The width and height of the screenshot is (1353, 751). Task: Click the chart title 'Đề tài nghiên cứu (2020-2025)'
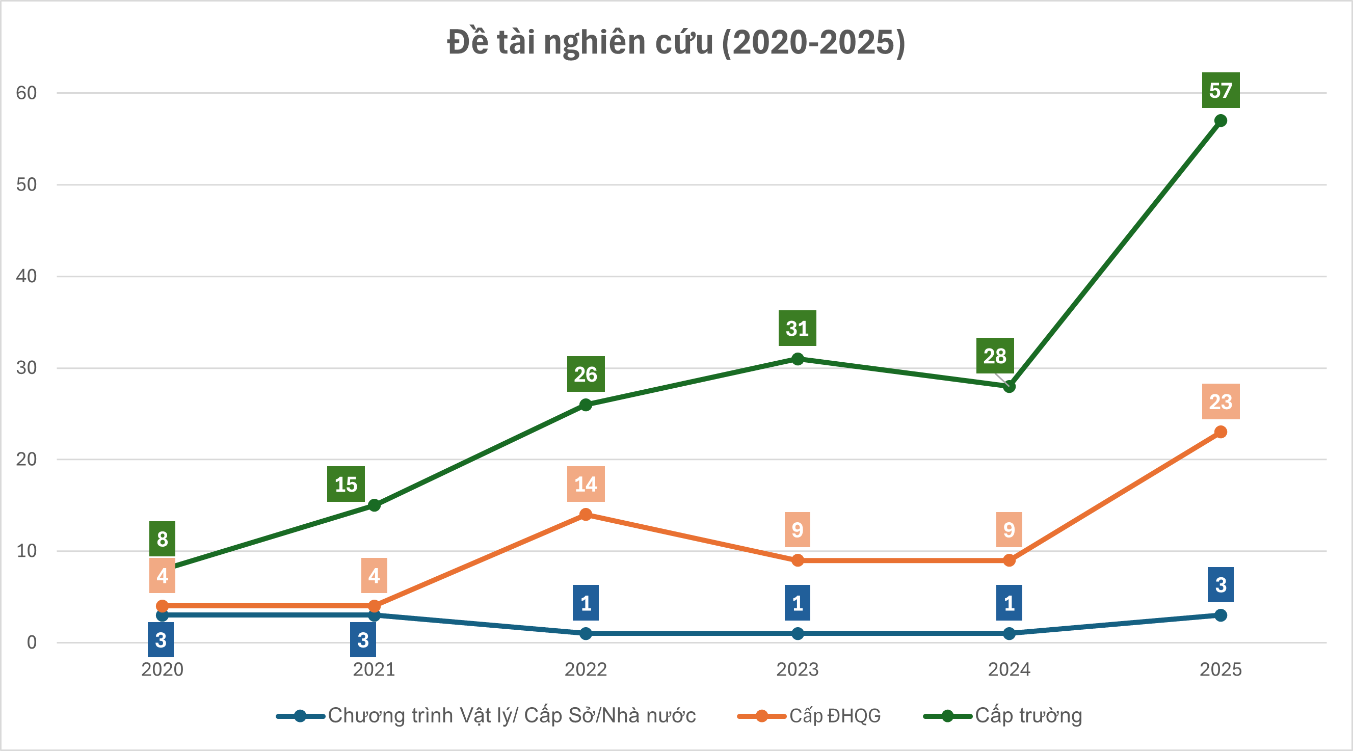676,42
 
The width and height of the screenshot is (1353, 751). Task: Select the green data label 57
1221,90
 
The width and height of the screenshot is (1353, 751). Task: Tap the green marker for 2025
1221,121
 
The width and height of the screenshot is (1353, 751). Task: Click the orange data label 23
1221,402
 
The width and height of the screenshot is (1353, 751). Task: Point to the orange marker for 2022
586,515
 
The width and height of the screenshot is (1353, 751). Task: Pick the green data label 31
798,328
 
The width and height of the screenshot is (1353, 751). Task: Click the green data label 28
995,356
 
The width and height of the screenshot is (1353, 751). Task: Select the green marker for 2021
374,505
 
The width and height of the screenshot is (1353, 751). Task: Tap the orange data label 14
586,484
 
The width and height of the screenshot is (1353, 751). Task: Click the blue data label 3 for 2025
1221,585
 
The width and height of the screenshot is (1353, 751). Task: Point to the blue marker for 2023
798,633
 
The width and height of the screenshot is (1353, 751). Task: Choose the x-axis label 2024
1009,669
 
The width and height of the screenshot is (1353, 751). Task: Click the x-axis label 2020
162,669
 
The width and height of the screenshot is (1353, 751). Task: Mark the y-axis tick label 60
26,93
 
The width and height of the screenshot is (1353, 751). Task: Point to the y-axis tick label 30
26,368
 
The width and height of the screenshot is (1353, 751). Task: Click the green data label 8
162,539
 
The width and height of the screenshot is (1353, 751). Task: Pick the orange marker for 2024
1009,560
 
